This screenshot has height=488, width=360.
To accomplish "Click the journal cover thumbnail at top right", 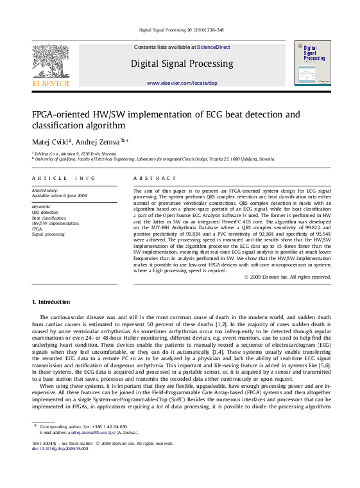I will pyautogui.click(x=313, y=62).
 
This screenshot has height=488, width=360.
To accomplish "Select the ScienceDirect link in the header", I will pyautogui.click(x=214, y=48).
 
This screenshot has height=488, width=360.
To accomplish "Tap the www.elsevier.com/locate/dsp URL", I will pyautogui.click(x=182, y=83).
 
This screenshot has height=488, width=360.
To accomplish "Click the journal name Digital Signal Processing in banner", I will pyautogui.click(x=182, y=64).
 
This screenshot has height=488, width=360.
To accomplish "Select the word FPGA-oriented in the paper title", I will pyautogui.click(x=63, y=115).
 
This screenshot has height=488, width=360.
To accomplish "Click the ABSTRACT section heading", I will pyautogui.click(x=154, y=178).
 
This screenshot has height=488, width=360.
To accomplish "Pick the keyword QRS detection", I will pyautogui.click(x=45, y=212).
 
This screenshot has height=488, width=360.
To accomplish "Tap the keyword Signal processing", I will pyautogui.click(x=48, y=234).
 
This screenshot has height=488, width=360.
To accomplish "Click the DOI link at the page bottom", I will pyautogui.click(x=60, y=448).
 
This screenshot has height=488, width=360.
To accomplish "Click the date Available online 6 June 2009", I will pyautogui.click(x=60, y=195).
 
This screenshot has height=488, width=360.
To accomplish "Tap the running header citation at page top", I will pyautogui.click(x=181, y=30).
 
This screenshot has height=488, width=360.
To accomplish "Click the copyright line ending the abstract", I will pyautogui.click(x=287, y=276).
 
